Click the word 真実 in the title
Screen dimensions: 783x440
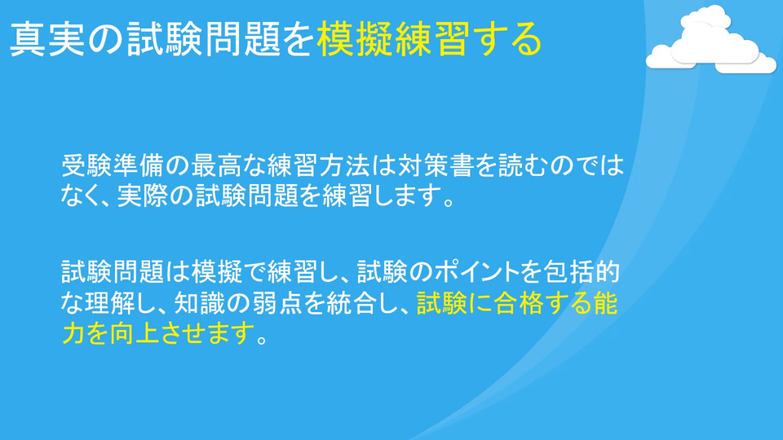48,39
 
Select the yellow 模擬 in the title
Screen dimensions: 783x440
355,39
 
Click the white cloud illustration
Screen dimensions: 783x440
711,40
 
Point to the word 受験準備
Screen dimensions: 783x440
113,165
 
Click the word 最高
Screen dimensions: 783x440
215,165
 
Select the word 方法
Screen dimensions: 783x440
343,165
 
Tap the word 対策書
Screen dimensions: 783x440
434,165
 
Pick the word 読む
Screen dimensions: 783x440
511,165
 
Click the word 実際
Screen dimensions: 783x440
142,195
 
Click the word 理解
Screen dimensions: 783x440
110,302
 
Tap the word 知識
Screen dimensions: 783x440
200,302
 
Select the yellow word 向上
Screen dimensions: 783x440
136,332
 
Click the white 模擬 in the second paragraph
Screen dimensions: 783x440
215,272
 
